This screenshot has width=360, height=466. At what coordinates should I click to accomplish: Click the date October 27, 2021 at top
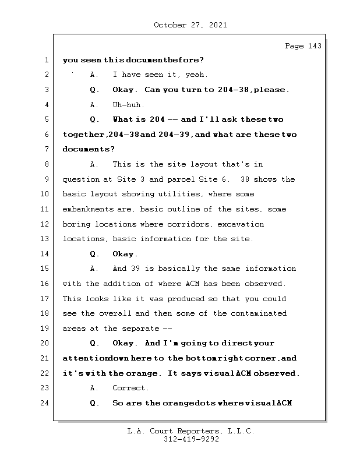pos(190,25)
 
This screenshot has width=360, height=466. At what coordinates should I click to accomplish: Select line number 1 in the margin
pos(45,60)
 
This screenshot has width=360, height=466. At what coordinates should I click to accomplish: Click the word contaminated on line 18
pos(257,313)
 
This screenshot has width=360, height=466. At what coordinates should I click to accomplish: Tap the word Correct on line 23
pos(130,388)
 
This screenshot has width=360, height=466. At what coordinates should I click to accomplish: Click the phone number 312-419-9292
pos(190,440)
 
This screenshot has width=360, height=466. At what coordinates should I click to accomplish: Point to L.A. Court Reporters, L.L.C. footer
pos(190,432)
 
